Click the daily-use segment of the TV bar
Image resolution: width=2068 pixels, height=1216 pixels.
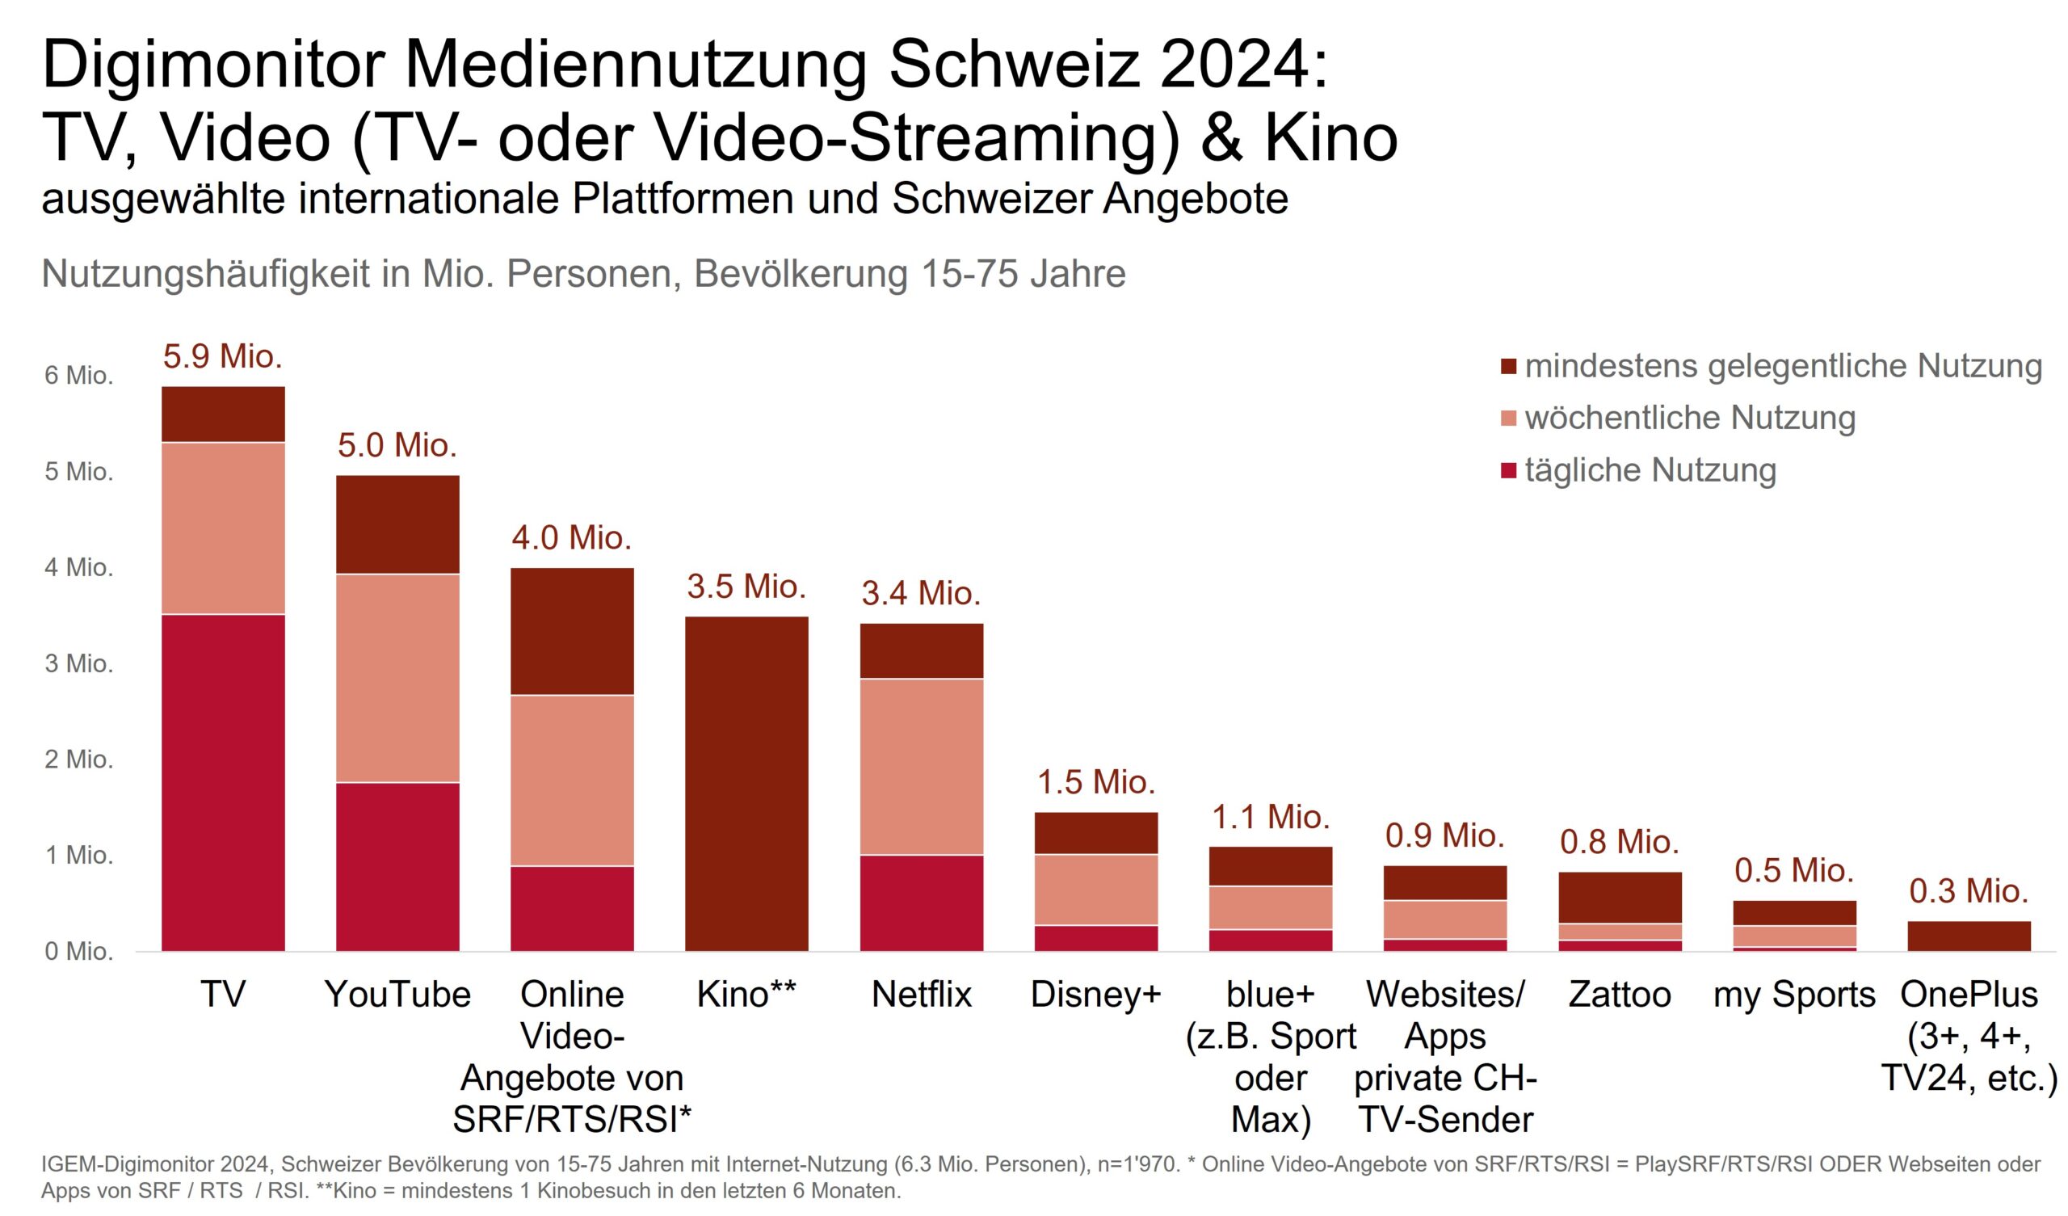pos(223,782)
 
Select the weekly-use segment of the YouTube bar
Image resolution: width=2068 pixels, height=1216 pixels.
pos(397,677)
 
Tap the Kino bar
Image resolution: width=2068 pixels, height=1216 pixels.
pos(746,783)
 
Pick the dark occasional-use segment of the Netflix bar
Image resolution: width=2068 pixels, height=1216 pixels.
pos(922,650)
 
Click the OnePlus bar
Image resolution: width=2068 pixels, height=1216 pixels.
pos(1969,936)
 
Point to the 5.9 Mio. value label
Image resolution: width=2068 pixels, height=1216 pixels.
pos(222,356)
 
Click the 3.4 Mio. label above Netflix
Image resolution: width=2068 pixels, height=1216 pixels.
pos(921,593)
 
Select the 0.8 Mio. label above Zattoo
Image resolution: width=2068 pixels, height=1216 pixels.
pos(1619,842)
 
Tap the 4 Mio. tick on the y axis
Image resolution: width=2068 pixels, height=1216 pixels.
pos(79,567)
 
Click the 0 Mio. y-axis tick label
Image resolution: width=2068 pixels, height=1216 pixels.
pos(79,951)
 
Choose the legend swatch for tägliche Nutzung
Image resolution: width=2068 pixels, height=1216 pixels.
pos(1508,471)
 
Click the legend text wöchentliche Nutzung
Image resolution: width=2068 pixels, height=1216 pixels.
pos(1690,418)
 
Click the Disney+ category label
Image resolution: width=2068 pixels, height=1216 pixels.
pos(1095,995)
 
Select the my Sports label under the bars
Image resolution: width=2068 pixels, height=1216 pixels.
pos(1794,995)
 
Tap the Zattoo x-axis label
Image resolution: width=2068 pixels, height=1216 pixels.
pos(1619,995)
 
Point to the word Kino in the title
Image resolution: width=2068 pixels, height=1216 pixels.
pos(1330,138)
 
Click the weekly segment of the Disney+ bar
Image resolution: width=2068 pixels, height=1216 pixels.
pos(1095,890)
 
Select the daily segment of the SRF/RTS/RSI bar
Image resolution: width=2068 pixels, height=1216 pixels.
pos(572,908)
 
